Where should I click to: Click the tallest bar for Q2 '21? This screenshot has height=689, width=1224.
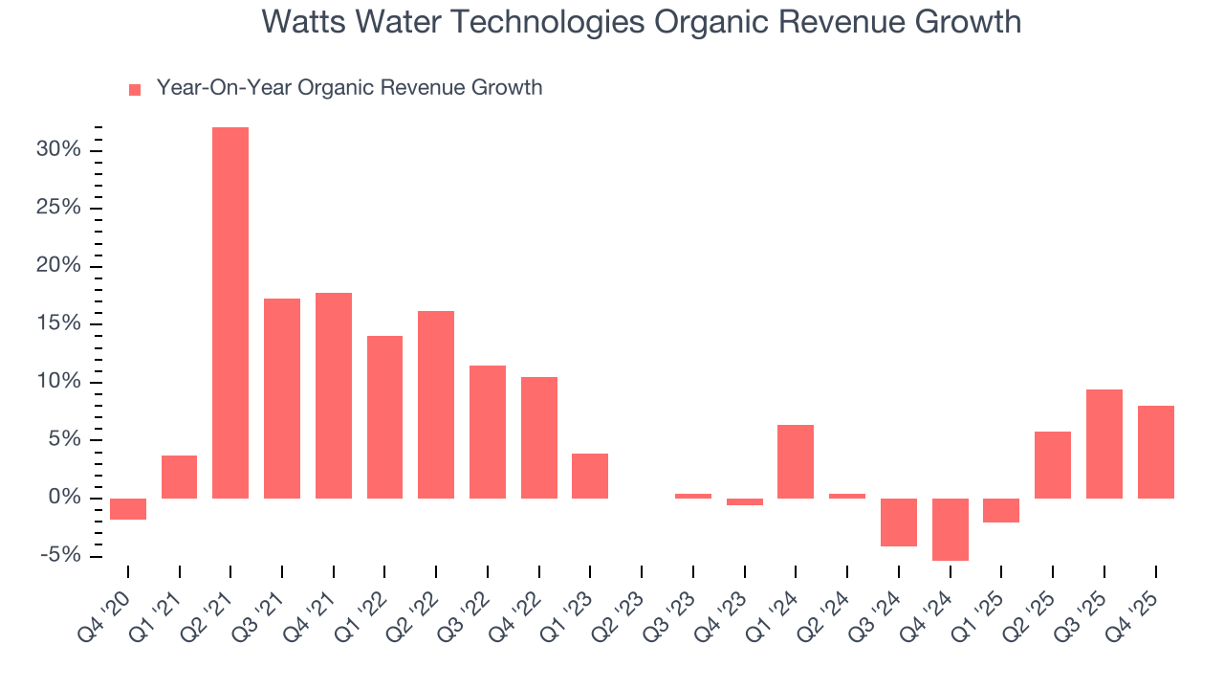click(x=230, y=313)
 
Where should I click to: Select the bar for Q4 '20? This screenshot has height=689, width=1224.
click(x=128, y=509)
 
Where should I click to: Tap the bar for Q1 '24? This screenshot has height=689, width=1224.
click(x=796, y=461)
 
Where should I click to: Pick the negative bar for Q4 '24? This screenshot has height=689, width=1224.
click(x=950, y=529)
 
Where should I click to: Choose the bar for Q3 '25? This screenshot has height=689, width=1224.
click(x=1104, y=444)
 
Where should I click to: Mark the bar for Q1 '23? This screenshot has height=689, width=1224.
click(x=590, y=476)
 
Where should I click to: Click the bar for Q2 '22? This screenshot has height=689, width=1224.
click(x=436, y=405)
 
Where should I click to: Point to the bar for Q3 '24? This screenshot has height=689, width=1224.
click(x=899, y=522)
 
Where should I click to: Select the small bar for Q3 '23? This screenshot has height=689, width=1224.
click(x=693, y=496)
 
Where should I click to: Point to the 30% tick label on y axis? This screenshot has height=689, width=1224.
click(x=59, y=150)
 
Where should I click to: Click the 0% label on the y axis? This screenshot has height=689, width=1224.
click(x=65, y=499)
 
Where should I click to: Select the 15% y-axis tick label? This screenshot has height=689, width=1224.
click(x=59, y=324)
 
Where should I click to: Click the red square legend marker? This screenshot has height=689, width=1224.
click(x=135, y=89)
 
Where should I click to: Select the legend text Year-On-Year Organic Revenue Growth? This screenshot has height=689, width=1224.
click(x=349, y=88)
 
